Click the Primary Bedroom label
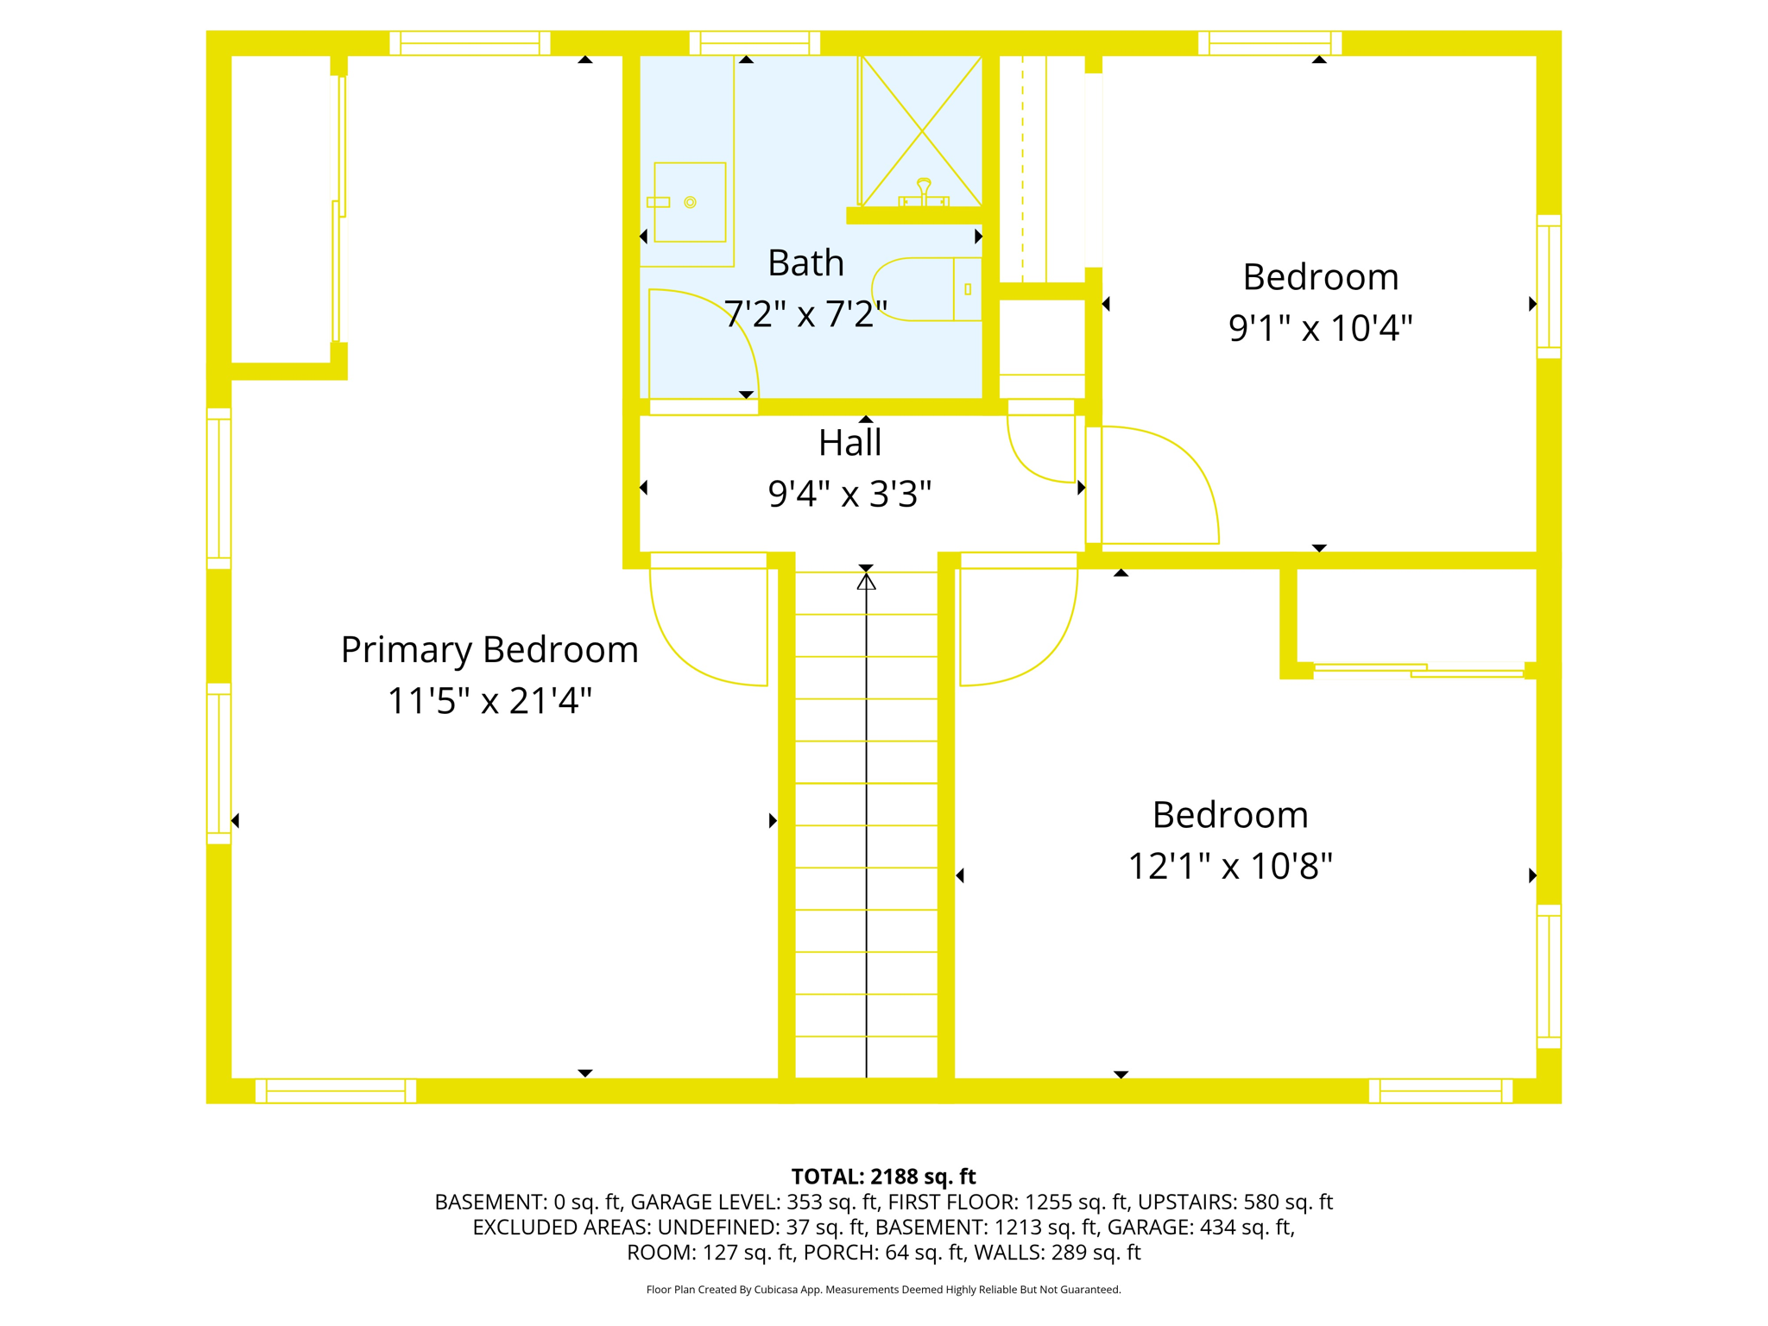489,650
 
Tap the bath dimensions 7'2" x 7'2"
805,314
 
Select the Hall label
849,443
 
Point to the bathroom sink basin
689,202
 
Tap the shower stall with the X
921,130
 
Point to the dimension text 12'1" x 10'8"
1230,866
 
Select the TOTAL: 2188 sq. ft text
883,1177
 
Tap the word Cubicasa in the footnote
774,1290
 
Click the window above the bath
755,43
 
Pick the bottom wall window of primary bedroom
336,1090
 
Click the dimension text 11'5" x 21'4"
489,701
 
